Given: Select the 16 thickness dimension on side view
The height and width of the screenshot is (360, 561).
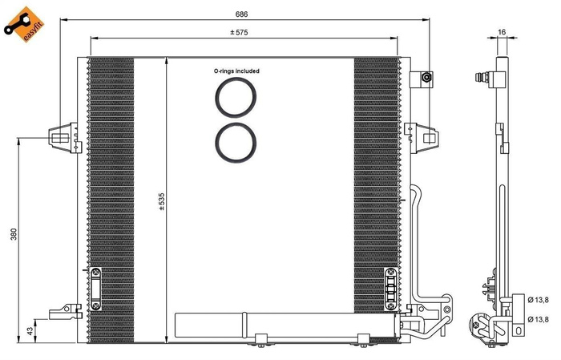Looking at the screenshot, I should (x=502, y=32).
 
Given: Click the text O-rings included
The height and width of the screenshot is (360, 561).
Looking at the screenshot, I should (x=236, y=71).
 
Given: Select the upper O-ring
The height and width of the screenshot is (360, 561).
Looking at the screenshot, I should (x=235, y=99).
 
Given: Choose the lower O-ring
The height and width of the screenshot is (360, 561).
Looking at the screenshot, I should (x=235, y=142).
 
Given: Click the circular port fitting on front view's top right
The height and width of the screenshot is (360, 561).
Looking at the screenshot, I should (x=426, y=78).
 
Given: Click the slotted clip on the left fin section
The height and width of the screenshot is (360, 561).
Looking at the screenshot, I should (x=96, y=288).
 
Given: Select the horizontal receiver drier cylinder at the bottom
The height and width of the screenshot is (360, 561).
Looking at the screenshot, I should (x=212, y=326).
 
